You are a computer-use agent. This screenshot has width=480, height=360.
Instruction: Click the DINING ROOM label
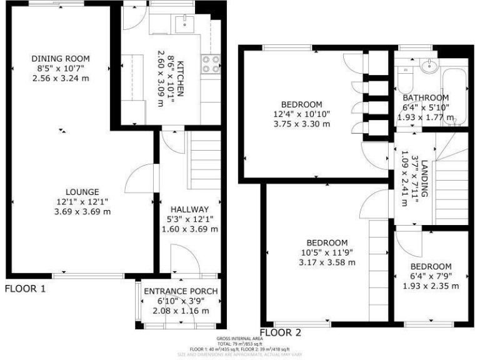coord(61,59)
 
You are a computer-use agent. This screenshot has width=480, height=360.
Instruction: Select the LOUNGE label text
coord(82,192)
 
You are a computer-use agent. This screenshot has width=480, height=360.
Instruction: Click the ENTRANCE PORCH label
coord(181,291)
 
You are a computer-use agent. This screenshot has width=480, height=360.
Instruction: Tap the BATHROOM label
coord(425,98)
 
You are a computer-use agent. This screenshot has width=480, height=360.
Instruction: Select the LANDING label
coord(425,180)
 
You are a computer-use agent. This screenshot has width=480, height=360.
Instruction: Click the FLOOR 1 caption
coord(26,289)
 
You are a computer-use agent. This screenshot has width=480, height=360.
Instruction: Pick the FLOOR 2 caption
coord(281,332)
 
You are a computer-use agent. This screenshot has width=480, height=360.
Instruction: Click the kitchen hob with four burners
coord(210,64)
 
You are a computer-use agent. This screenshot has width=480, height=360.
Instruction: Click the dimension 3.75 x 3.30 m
coord(301,124)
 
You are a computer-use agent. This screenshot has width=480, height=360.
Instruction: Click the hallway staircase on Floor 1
coord(204,169)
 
